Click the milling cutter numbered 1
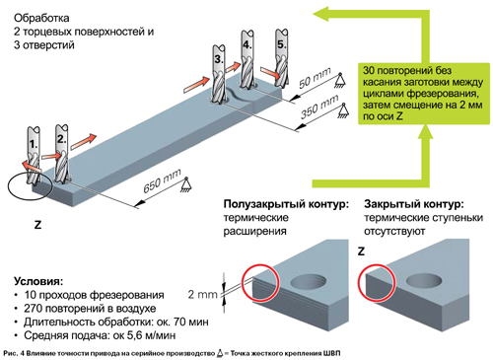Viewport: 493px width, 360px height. click(34, 156)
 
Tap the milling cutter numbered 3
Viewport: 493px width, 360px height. click(218, 74)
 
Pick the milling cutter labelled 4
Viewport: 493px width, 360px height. click(246, 59)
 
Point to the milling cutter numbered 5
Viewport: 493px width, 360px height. click(282, 58)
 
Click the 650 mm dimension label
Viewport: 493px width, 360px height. click(162, 181)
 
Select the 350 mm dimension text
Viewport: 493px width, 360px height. click(319, 107)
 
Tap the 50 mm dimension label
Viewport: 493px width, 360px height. click(315, 78)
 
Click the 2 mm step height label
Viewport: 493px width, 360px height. click(202, 294)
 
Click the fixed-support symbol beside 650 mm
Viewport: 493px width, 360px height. click(186, 184)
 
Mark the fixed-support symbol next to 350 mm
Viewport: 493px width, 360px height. click(343, 110)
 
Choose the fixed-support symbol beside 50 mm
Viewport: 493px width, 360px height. click(340, 80)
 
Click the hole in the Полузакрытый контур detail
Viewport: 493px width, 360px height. click(309, 282)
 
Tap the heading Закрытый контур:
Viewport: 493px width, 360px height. click(414, 204)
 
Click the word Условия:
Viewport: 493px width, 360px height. click(38, 281)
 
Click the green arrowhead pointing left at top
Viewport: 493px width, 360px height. click(322, 14)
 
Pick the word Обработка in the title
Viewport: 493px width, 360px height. click(41, 18)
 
